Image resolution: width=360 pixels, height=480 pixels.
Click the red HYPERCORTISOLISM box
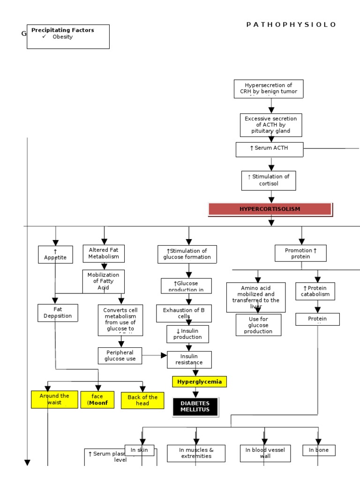pyautogui.click(x=270, y=209)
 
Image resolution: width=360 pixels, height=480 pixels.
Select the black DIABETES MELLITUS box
pyautogui.click(x=195, y=406)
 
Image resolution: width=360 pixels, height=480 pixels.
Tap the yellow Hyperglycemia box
pyautogui.click(x=199, y=382)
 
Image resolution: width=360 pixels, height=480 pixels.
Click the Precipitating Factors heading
pyautogui.click(x=62, y=30)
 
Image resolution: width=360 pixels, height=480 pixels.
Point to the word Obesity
pyautogui.click(x=62, y=37)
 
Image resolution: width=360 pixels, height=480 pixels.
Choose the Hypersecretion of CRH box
pyautogui.click(x=269, y=89)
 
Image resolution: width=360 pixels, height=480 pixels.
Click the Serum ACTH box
pyautogui.click(x=269, y=149)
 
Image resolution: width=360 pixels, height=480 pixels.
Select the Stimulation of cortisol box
pyautogui.click(x=269, y=180)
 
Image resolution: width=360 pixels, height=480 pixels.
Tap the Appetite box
pyautogui.click(x=55, y=255)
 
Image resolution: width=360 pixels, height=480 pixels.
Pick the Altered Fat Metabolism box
pyautogui.click(x=104, y=254)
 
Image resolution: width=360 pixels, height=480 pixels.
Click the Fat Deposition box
pyautogui.click(x=58, y=313)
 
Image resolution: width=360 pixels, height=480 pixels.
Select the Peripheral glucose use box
pyautogui.click(x=120, y=355)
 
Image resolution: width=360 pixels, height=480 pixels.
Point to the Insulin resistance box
pyautogui.click(x=189, y=360)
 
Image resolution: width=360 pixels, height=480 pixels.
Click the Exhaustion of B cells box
pyautogui.click(x=184, y=313)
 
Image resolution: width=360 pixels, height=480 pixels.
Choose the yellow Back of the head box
pyautogui.click(x=142, y=400)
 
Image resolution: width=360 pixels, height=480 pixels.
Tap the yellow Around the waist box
pyautogui.click(x=54, y=399)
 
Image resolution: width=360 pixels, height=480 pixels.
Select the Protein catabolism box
pyautogui.click(x=317, y=291)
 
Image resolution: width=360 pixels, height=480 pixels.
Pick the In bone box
pyautogui.click(x=319, y=450)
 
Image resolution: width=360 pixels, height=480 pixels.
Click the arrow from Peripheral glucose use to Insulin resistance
pyautogui.click(x=154, y=355)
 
